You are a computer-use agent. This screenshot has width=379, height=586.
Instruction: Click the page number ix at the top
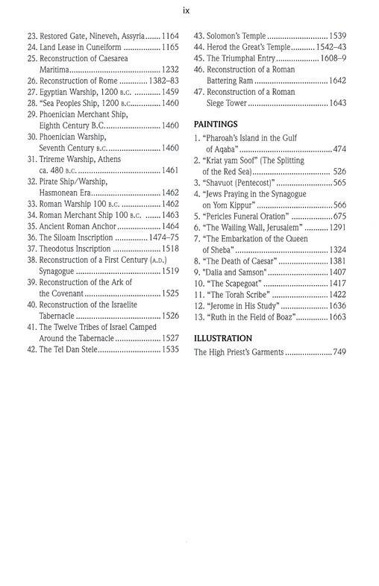pyautogui.click(x=189, y=10)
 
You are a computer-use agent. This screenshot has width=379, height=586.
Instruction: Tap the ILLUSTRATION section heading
pyautogui.click(x=224, y=338)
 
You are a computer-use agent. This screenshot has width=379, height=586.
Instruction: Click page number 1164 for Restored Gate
pyautogui.click(x=171, y=36)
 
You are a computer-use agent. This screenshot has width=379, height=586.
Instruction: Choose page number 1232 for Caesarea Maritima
pyautogui.click(x=171, y=69)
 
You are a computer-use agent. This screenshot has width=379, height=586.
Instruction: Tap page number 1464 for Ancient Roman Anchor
pyautogui.click(x=171, y=226)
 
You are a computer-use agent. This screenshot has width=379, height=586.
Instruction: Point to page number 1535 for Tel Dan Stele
pyautogui.click(x=171, y=349)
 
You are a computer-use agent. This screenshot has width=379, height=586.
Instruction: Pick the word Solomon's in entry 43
pyautogui.click(x=226, y=36)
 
